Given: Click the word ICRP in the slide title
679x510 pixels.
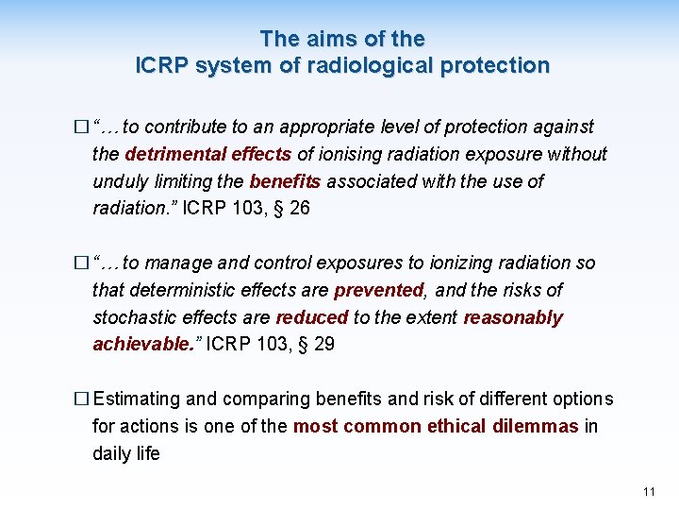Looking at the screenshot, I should click(160, 66).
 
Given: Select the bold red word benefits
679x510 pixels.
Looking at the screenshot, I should click(285, 181).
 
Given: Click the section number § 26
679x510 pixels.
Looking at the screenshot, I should click(288, 209).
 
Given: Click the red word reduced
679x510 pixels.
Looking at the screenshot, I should click(313, 317).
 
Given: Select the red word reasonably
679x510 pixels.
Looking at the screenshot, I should click(513, 317).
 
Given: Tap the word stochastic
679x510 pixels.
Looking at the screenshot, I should click(135, 317).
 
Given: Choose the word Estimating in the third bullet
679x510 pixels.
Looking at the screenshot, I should click(141, 399).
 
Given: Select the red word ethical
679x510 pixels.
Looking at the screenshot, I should click(456, 427).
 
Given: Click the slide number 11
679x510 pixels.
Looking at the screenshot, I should click(648, 492).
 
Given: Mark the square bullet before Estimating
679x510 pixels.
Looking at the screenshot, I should click(83, 399).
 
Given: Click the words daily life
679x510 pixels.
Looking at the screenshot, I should click(126, 454).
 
